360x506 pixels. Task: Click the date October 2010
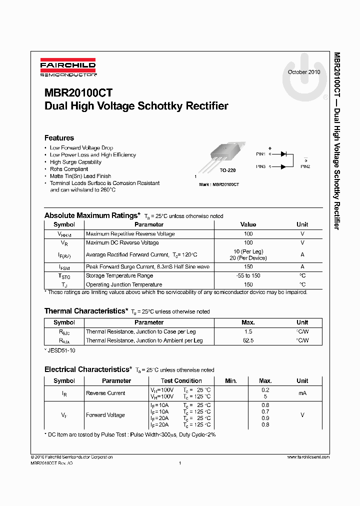(x=304, y=72)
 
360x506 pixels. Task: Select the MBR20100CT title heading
(x=78, y=93)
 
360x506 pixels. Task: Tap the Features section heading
(x=59, y=138)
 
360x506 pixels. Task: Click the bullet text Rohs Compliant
(x=68, y=169)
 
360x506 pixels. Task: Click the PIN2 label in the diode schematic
(x=305, y=166)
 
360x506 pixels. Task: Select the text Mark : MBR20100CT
(x=219, y=184)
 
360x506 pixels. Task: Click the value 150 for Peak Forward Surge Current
(x=248, y=267)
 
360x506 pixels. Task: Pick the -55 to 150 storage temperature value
(x=248, y=276)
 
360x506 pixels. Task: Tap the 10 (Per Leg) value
(x=248, y=251)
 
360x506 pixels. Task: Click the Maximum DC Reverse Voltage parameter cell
(x=122, y=243)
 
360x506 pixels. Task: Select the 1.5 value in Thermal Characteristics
(x=248, y=332)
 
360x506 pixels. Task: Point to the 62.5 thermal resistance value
(x=248, y=340)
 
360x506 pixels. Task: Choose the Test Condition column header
(x=181, y=381)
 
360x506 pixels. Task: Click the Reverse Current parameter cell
(x=105, y=393)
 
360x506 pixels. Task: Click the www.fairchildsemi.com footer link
(x=308, y=457)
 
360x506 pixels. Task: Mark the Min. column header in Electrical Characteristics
(x=231, y=381)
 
